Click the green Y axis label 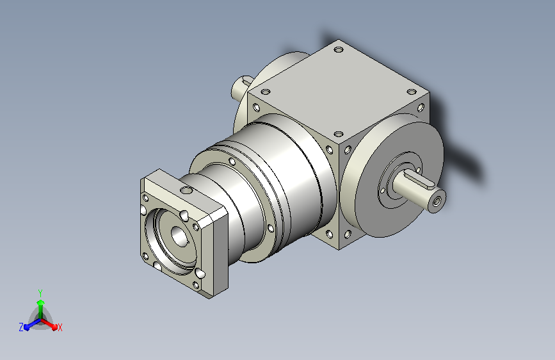coord(40,293)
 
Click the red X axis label coord(60,327)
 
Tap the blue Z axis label coord(21,327)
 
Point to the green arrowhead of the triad coord(41,302)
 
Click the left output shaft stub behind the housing coord(241,87)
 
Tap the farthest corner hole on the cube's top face coord(339,49)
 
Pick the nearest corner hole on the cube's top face coord(339,134)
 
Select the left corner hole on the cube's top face coord(266,92)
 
